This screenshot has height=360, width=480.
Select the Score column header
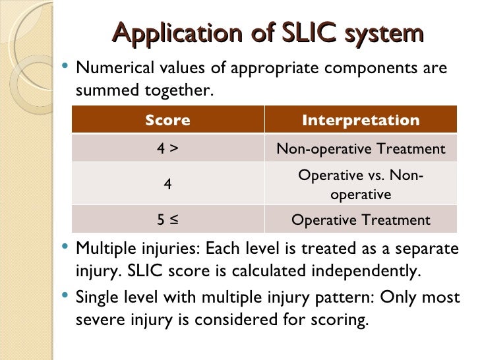[167, 121]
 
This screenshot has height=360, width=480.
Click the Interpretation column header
[361, 121]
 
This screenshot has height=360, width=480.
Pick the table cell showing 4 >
[167, 149]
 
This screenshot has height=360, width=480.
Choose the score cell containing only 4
[167, 185]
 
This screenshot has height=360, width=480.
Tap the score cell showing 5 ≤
[167, 220]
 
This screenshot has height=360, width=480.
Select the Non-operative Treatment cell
[361, 149]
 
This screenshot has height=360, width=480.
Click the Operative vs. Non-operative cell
[361, 185]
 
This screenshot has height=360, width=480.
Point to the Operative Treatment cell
[361, 220]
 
